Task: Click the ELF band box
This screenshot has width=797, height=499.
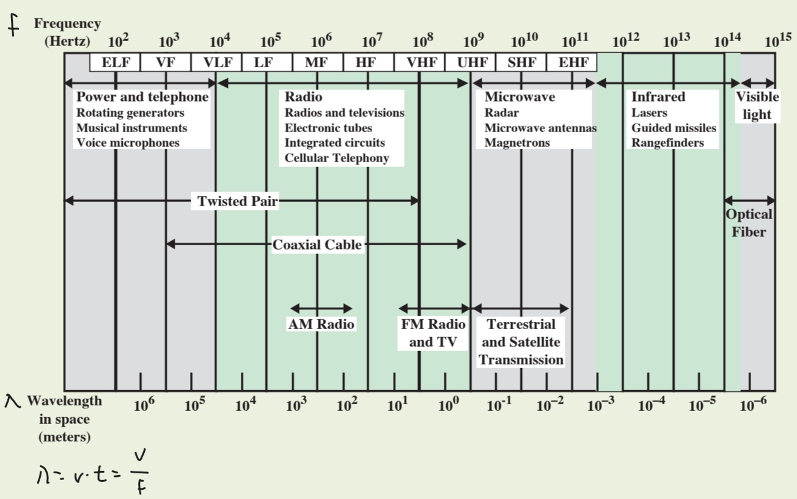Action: coord(115,62)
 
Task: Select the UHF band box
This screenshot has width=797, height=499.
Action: coord(470,62)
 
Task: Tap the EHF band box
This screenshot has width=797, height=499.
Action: coord(572,62)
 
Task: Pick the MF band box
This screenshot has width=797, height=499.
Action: coord(317,62)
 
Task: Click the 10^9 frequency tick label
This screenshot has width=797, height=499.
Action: coord(474,42)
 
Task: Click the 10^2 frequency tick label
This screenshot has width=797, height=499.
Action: coord(119,42)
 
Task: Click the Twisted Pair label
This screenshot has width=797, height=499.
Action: coord(237,201)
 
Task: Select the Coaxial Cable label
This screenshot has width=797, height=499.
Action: coord(317,245)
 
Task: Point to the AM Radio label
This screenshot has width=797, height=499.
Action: coord(321,324)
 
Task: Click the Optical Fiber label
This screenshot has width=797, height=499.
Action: coord(749,223)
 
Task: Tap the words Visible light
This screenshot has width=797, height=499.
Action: coord(757,105)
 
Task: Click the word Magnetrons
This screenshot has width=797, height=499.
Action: coord(517,142)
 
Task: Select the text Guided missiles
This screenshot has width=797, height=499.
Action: coord(674,128)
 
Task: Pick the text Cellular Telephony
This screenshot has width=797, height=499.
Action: coord(336,158)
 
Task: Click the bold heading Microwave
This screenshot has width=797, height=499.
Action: coord(520,97)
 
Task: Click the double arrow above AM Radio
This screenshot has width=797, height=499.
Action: coord(321,308)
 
